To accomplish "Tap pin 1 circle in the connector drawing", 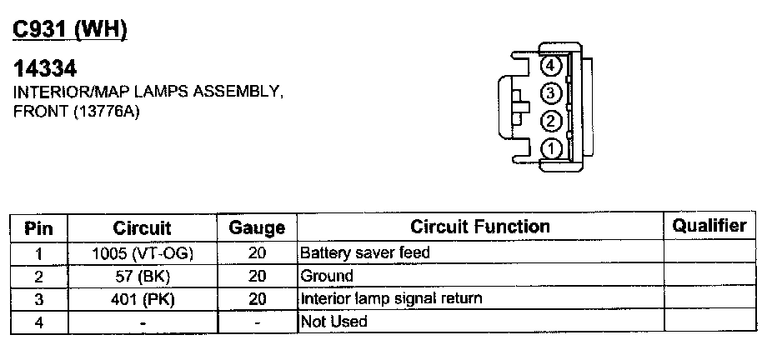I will click(550, 149).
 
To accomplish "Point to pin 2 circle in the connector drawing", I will click(550, 122).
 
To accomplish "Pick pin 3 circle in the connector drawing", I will click(550, 93).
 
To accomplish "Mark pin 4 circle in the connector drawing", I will click(550, 66).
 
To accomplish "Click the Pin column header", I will click(39, 227).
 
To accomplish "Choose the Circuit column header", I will click(142, 227).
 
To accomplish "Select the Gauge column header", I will click(257, 227).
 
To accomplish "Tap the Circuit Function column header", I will click(480, 227).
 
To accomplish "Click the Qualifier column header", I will click(709, 225).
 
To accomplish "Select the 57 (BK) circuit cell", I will click(143, 276).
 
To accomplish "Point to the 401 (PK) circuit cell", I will click(143, 298).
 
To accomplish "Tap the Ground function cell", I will click(327, 276).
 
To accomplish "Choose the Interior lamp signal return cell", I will click(391, 298).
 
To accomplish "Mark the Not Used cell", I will click(333, 321).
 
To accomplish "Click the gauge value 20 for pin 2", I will click(257, 276).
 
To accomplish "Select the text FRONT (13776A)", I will click(74, 112).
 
